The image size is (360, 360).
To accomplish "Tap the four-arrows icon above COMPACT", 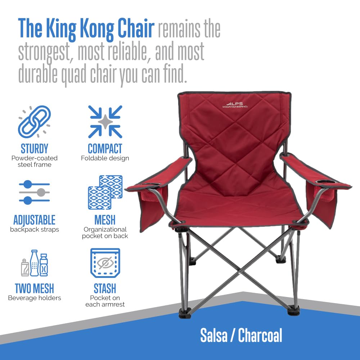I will click(x=105, y=122).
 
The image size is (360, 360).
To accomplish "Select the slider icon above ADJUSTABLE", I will click(x=34, y=193).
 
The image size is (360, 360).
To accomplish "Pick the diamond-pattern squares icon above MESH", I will click(x=105, y=192).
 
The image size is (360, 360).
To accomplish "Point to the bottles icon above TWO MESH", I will click(x=34, y=263).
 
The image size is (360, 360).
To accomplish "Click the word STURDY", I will click(x=35, y=148).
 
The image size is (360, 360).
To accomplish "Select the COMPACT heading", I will click(x=105, y=148).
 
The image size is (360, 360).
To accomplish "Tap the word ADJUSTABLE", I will click(x=35, y=220).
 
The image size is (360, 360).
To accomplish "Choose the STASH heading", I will click(x=105, y=288).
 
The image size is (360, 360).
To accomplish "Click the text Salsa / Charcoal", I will click(x=241, y=336).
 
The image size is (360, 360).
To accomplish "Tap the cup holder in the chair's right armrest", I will click(x=325, y=182).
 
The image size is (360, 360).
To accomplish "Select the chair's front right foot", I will click(x=293, y=310).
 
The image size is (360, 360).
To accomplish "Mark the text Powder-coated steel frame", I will click(x=35, y=161).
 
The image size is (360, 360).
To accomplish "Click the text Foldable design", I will click(x=105, y=158).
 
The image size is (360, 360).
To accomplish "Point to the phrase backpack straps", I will click(x=35, y=229).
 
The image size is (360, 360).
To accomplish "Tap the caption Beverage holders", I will click(x=35, y=298).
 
